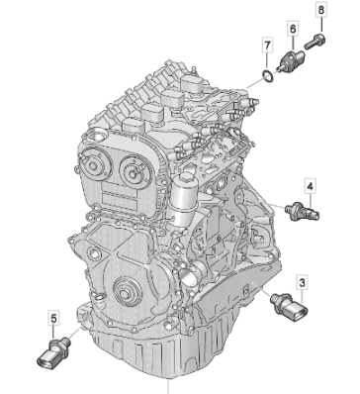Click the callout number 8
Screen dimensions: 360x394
320,10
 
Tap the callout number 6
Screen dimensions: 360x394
293,29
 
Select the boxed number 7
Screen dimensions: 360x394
267,45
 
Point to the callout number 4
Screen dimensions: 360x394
310,187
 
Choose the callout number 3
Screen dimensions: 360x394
303,283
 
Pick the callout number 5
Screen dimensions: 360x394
53,319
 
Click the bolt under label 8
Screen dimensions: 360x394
315,42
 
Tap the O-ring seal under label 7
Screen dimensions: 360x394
267,75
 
